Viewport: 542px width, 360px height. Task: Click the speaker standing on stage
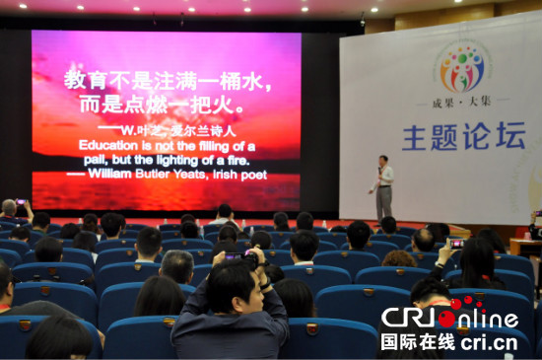383,187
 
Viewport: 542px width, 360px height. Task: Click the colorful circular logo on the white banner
461,69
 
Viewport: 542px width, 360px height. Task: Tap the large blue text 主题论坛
463,137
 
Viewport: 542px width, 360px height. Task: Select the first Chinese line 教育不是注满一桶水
167,79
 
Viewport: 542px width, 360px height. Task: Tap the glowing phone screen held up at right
456,242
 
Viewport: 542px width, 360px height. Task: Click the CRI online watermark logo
448,318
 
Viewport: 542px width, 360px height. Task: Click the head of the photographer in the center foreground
233,285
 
